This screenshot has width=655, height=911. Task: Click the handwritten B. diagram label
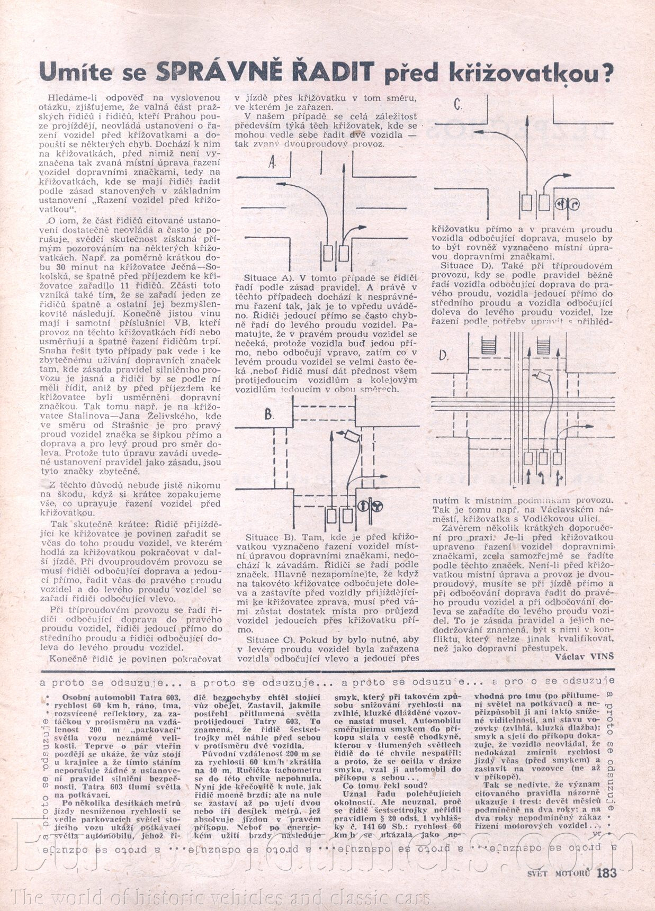(x=269, y=414)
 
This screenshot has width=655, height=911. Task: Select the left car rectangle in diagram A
(x=328, y=253)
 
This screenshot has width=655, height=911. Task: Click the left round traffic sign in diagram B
(x=364, y=506)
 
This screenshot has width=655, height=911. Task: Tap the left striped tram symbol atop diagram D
(x=488, y=346)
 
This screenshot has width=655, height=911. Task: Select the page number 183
(x=606, y=873)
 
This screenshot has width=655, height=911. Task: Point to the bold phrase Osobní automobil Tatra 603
(x=122, y=697)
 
